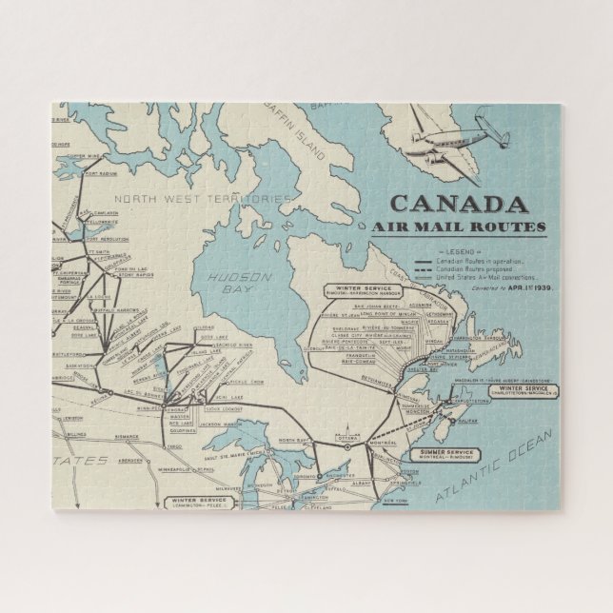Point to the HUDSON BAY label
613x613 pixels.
pos(226,277)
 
